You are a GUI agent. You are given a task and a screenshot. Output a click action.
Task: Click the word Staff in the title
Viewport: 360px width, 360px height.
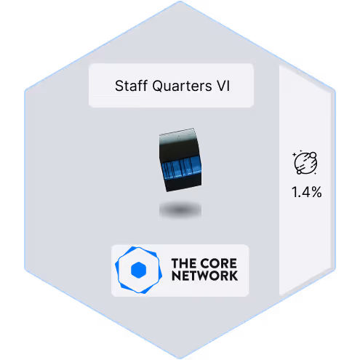[131, 86]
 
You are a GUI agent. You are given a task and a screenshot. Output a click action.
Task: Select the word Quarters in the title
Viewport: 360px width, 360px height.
[182, 86]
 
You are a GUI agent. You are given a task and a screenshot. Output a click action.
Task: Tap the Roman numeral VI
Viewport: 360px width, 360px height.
[223, 86]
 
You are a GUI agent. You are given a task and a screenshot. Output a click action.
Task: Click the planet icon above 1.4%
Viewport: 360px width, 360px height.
[305, 162]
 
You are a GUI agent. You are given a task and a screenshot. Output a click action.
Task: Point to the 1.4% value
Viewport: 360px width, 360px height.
[307, 192]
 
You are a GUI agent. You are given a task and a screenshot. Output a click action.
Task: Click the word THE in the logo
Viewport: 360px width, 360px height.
[183, 263]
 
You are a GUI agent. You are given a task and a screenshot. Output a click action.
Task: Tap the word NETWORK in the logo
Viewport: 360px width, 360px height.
[204, 276]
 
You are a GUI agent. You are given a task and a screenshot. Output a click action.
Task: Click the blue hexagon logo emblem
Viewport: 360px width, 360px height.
[138, 270]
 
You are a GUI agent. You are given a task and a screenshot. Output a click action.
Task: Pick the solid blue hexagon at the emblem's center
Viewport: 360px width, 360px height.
[138, 270]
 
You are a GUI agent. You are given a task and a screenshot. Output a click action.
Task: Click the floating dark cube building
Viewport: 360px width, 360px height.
[180, 160]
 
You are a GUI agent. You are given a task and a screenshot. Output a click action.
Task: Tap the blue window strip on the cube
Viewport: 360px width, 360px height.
[181, 168]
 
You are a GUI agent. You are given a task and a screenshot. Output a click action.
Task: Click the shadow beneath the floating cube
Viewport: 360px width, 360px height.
[180, 209]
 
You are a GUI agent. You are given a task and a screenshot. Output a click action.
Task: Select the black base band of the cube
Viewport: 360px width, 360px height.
[183, 183]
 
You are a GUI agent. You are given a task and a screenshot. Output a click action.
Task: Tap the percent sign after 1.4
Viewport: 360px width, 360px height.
[316, 192]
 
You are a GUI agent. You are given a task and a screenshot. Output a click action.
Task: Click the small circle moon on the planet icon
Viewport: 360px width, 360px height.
[313, 155]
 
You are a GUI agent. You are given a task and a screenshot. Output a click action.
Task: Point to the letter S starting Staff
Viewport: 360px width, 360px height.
[119, 86]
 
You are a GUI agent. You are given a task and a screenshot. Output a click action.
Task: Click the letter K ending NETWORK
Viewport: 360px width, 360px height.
[233, 276]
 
